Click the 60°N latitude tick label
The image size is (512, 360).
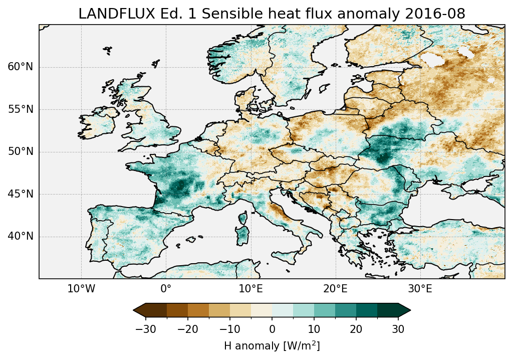pos(20,67)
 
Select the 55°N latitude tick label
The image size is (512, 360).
pos(20,109)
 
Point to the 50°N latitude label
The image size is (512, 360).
pos(20,152)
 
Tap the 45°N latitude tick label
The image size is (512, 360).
pos(20,194)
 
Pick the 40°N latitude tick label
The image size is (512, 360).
pos(20,236)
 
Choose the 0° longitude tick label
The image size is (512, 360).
pos(166,289)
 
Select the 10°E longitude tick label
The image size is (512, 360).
pos(250,289)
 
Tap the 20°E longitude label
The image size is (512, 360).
pos(335,289)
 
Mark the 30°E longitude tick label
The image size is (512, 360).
pos(420,289)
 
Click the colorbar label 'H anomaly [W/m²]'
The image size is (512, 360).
pos(272,346)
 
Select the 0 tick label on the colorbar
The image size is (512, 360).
pos(272,329)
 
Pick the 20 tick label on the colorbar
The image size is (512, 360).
pos(356,329)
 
